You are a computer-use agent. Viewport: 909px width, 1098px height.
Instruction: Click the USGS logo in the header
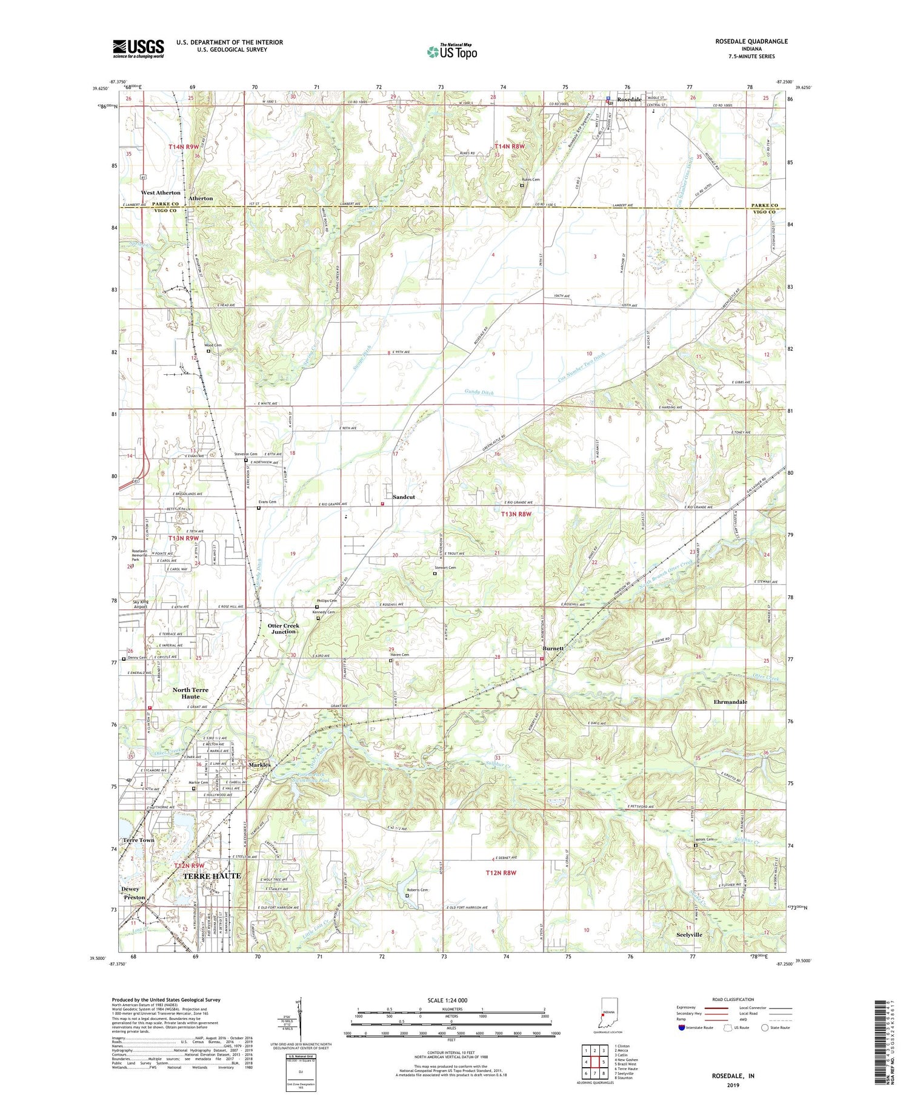click(x=138, y=48)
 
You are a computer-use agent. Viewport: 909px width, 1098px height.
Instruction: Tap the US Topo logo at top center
click(x=451, y=52)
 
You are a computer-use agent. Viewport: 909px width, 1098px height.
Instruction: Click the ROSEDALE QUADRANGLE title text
click(x=751, y=41)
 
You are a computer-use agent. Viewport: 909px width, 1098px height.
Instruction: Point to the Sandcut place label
click(x=404, y=497)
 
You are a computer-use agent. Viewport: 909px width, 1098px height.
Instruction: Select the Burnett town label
click(x=553, y=649)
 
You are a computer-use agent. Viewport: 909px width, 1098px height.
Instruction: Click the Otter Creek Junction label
click(x=283, y=629)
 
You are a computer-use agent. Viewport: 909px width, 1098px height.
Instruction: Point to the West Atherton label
click(x=161, y=193)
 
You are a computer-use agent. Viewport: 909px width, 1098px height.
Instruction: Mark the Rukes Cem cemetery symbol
click(x=522, y=186)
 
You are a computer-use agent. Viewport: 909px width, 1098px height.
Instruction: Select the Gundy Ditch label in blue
click(x=479, y=393)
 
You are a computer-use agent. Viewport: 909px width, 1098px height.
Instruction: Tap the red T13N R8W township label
click(x=516, y=514)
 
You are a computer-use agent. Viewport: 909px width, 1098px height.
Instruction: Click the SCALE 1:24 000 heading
click(x=451, y=1000)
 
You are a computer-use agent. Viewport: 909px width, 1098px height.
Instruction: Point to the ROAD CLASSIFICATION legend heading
click(x=733, y=999)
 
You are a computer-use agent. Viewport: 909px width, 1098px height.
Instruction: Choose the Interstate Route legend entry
click(x=699, y=1028)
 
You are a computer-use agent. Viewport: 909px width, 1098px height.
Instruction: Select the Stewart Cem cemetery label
click(x=445, y=567)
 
